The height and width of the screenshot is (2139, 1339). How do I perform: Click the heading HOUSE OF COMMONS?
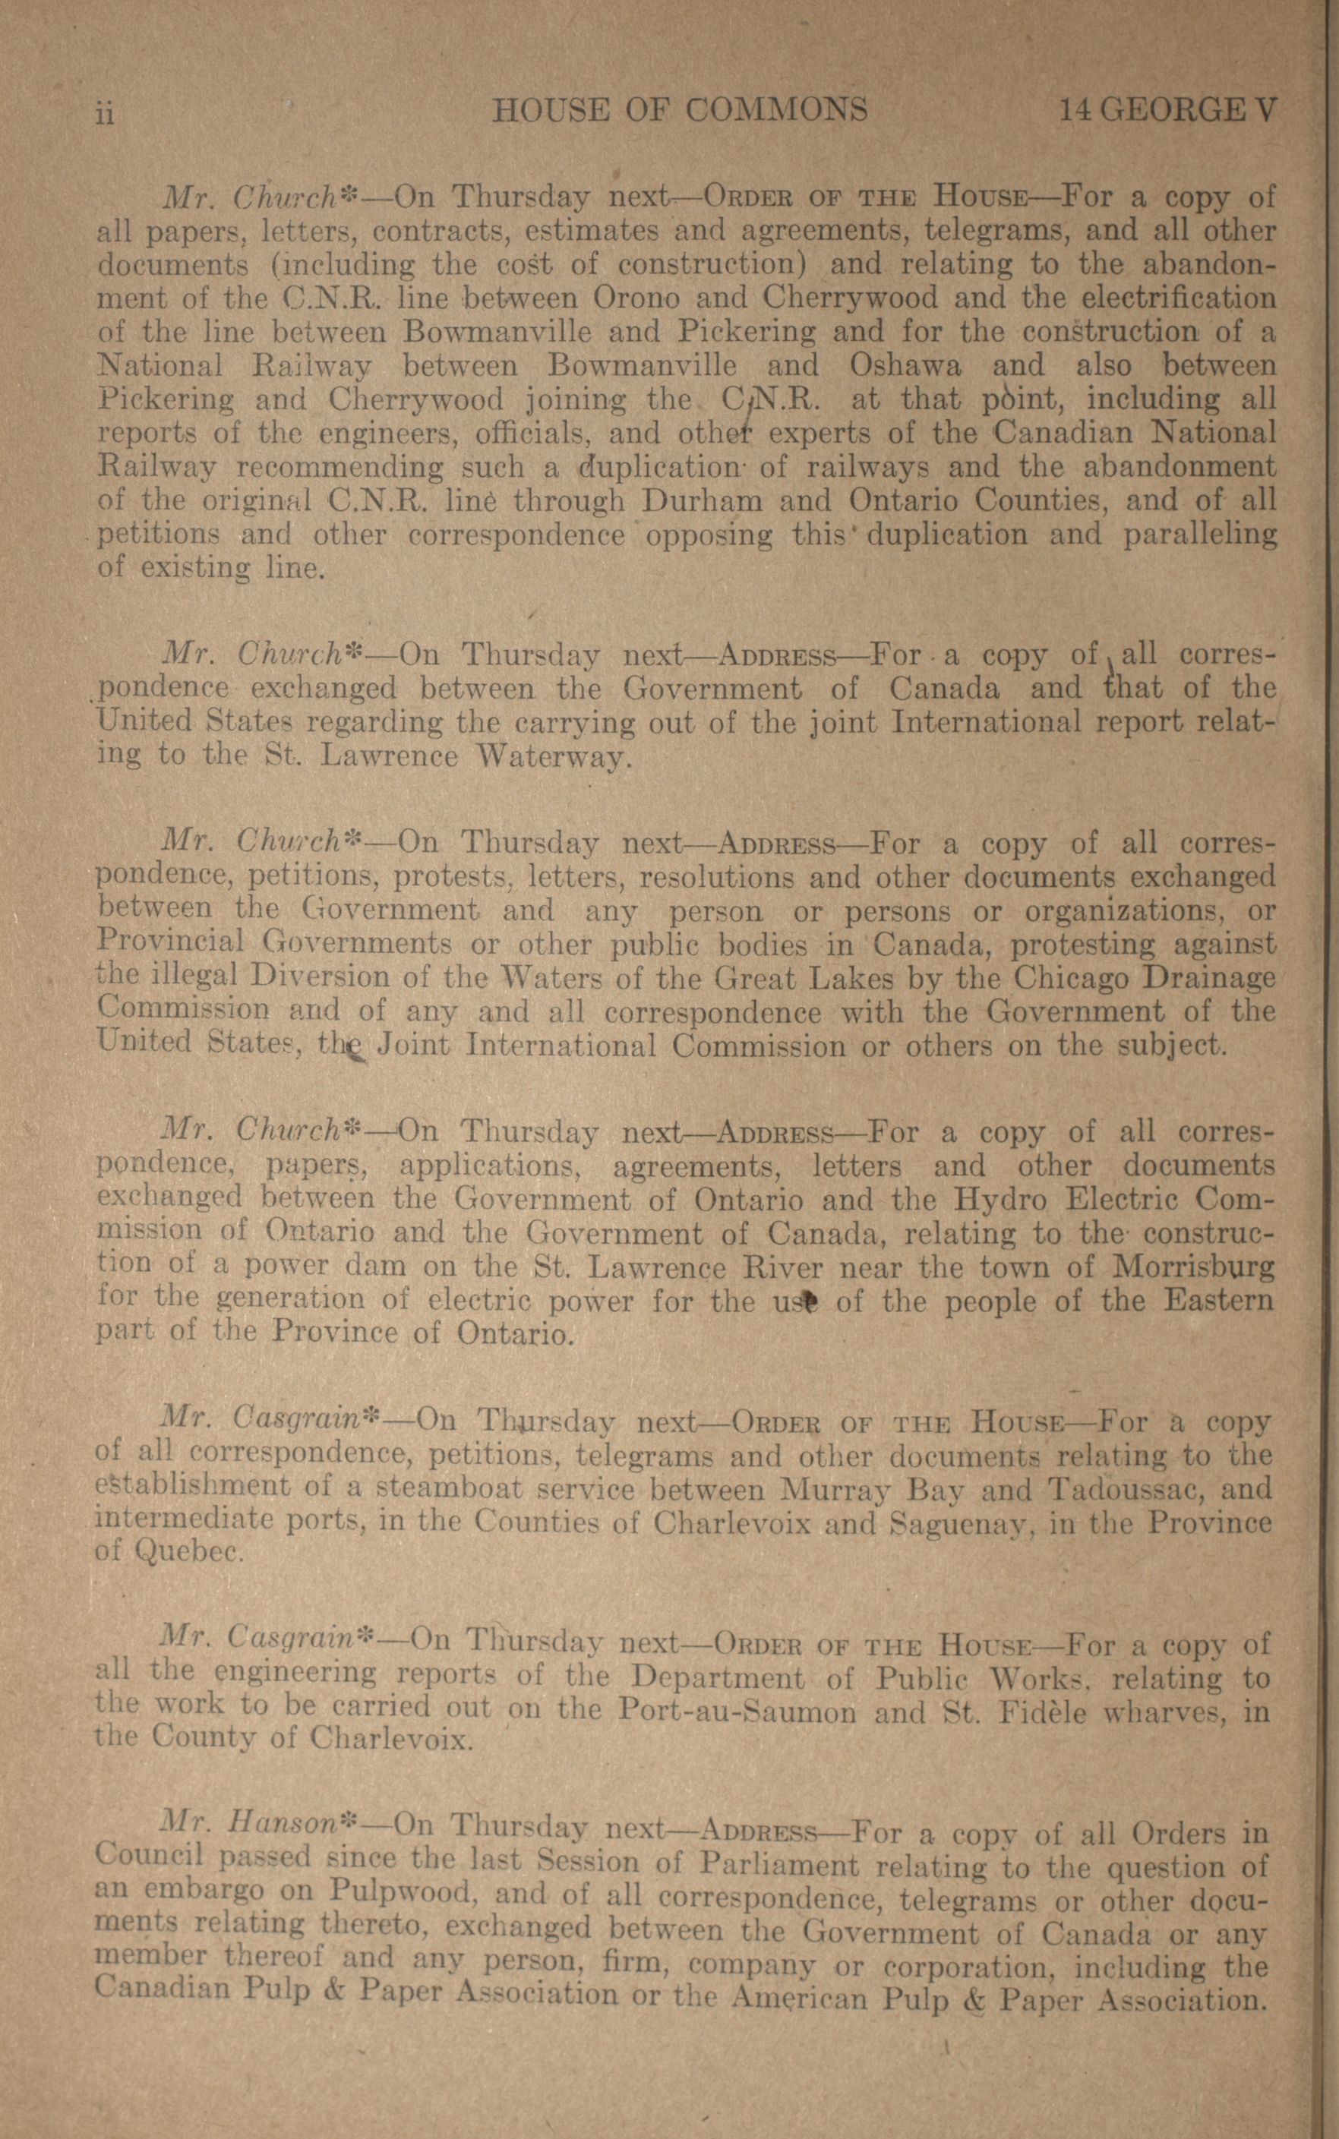point(679,110)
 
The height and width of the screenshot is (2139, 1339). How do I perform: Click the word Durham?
point(701,501)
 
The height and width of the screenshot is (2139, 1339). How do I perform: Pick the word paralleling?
point(1199,535)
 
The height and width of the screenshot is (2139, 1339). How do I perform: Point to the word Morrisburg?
point(1194,1268)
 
